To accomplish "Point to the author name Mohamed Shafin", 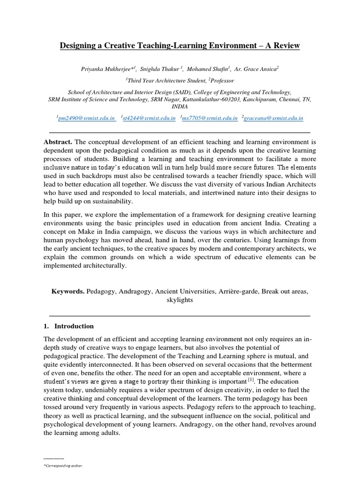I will tap(210, 68).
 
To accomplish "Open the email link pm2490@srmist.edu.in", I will tap(86, 119).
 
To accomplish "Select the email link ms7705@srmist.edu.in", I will tap(210, 119).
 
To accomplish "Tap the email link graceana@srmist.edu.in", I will tap(274, 119).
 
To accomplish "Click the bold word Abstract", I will tap(59, 142).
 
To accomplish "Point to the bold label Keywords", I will tap(68, 291).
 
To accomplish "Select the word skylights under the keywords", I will tap(180, 300).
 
